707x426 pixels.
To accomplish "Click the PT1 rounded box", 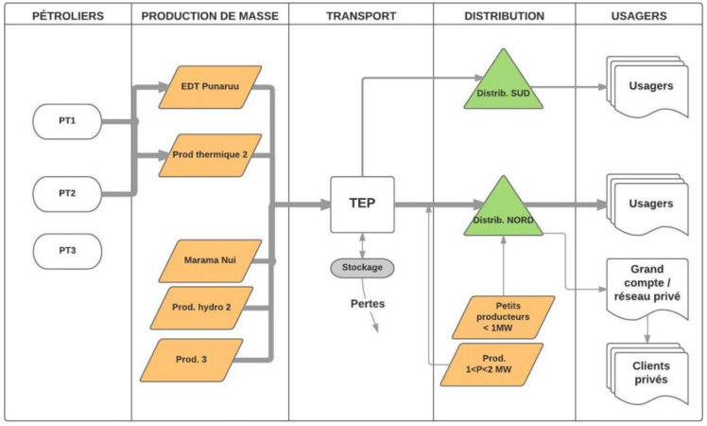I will pos(65,121).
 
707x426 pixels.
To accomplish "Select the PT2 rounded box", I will pos(65,192).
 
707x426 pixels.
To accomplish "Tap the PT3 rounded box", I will pos(65,251).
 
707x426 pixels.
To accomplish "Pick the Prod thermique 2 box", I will pos(210,154).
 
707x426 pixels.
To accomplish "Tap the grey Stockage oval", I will pos(361,268).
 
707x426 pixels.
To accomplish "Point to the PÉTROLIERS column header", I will pos(65,16).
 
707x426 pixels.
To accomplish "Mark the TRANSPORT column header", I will pos(361,16).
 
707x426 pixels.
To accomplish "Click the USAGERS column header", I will pos(640,16).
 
